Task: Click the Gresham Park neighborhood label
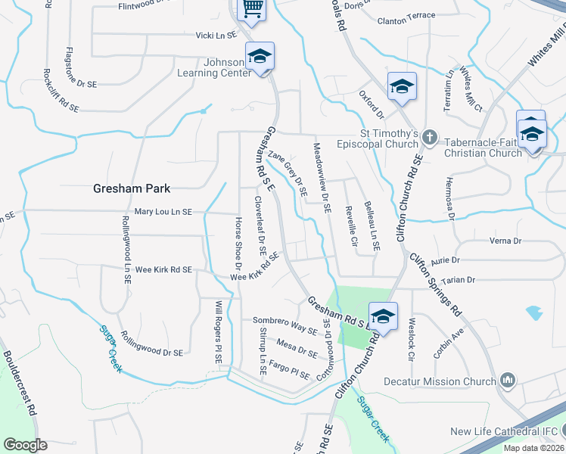pyautogui.click(x=132, y=188)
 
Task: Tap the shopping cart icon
pyautogui.click(x=251, y=9)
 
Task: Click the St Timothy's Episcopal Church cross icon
pyautogui.click(x=430, y=137)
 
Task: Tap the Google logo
pyautogui.click(x=25, y=445)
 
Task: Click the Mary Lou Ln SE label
pyautogui.click(x=163, y=213)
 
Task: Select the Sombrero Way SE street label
pyautogui.click(x=285, y=325)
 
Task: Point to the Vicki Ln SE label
pyautogui.click(x=216, y=35)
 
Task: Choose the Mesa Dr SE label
pyautogui.click(x=296, y=348)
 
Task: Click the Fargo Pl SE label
pyautogui.click(x=289, y=371)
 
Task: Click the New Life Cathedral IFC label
pyautogui.click(x=503, y=432)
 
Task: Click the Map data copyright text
pyautogui.click(x=533, y=448)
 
